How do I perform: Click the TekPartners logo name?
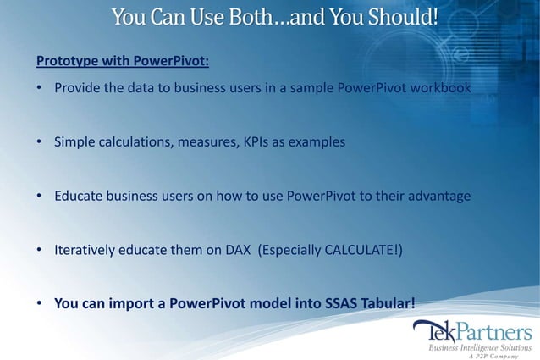coord(471,330)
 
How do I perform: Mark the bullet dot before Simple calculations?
coord(40,142)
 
